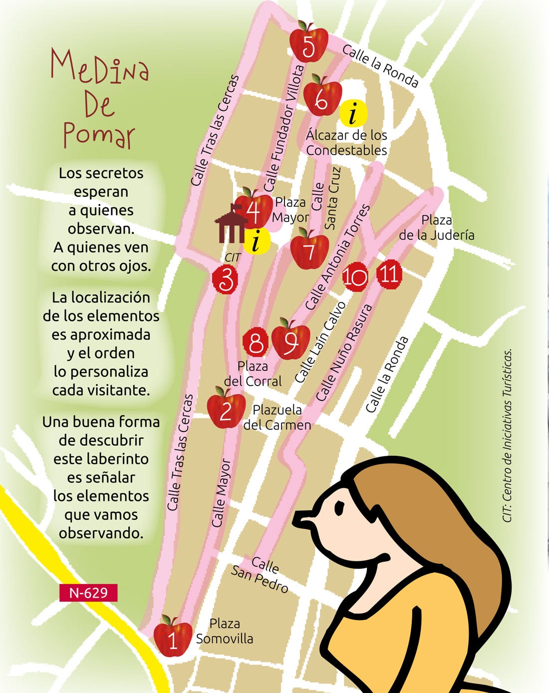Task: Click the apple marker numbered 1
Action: pos(173,638)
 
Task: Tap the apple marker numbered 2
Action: pos(226,409)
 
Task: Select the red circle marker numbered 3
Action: pos(226,280)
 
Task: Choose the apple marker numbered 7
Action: pos(309,250)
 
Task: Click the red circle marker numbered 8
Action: pos(256,343)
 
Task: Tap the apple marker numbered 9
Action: pos(290,341)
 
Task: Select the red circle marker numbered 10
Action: pos(355,276)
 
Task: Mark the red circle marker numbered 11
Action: pos(389,274)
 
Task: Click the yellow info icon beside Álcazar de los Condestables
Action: pos(354,113)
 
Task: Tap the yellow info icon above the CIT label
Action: pos(257,241)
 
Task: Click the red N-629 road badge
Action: pos(88,593)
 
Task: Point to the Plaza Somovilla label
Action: pos(225,631)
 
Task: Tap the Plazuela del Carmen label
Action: pos(277,417)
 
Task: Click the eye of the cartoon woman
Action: pos(339,508)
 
